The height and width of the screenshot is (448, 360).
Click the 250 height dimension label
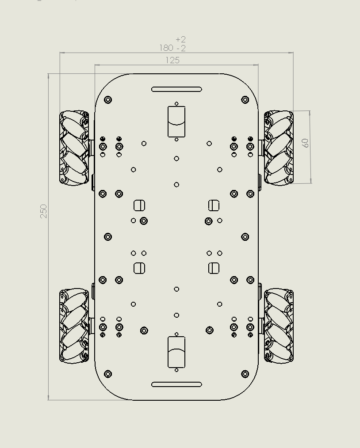click(x=43, y=211)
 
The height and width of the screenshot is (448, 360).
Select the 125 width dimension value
click(x=172, y=60)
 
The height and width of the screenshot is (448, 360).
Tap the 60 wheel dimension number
click(x=305, y=143)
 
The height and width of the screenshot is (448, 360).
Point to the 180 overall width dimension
click(x=166, y=48)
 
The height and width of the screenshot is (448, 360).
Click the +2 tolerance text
click(x=180, y=40)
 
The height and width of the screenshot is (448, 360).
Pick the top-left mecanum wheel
click(x=74, y=148)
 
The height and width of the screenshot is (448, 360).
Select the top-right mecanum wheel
click(x=279, y=148)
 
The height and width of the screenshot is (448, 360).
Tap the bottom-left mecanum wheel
click(x=74, y=326)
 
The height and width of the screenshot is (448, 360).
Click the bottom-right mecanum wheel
click(x=279, y=326)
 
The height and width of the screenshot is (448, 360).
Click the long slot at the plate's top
click(x=176, y=89)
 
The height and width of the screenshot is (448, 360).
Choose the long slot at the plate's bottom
click(x=176, y=384)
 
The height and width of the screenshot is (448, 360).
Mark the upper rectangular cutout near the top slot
click(x=176, y=121)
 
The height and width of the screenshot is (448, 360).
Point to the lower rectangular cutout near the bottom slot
click(x=176, y=352)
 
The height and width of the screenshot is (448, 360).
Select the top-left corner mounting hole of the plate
click(x=108, y=100)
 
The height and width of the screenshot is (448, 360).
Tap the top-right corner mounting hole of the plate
click(x=245, y=100)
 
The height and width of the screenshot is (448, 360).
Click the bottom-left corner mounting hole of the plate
click(x=108, y=374)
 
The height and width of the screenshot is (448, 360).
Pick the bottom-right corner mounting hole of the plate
click(x=245, y=374)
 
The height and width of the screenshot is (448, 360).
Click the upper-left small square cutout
click(x=139, y=205)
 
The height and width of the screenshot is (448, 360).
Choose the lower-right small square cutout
click(x=214, y=268)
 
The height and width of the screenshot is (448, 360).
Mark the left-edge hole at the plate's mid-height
click(x=108, y=237)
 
